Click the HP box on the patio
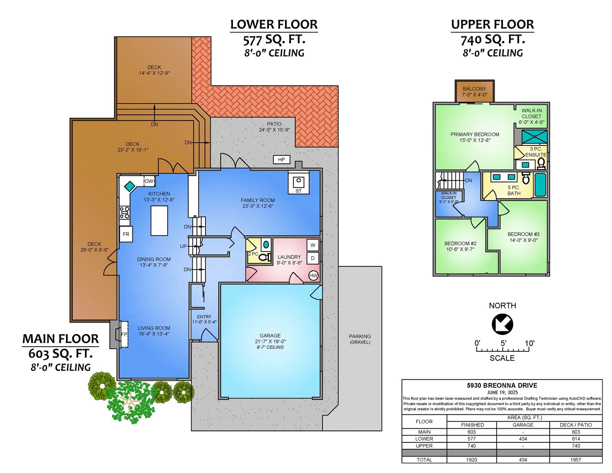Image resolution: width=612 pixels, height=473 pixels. (282, 160)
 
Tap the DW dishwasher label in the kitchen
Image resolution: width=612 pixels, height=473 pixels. (149, 181)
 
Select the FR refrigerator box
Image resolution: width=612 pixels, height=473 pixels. (126, 234)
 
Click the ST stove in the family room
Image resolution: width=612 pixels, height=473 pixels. (298, 182)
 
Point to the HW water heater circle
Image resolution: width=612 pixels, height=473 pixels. (314, 276)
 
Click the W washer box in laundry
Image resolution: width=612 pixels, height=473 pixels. (313, 245)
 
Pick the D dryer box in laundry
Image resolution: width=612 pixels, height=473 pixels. (313, 258)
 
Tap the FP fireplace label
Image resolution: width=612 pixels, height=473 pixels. (124, 334)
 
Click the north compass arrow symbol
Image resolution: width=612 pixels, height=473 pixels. (503, 325)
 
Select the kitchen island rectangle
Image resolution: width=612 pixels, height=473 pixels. (160, 220)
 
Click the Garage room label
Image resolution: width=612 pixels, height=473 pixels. (270, 336)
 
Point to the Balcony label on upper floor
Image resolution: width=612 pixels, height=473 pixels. (474, 89)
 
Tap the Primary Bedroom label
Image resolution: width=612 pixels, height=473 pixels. (475, 134)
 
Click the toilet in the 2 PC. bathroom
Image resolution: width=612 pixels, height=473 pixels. (264, 257)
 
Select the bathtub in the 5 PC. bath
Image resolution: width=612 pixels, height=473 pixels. (540, 184)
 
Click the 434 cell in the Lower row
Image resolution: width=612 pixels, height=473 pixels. (523, 439)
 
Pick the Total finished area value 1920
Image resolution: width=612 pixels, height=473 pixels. (472, 460)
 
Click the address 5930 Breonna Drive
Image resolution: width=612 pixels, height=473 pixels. (502, 385)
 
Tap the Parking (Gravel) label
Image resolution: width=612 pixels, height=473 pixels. (360, 339)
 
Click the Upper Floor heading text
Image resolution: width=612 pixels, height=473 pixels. (492, 24)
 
